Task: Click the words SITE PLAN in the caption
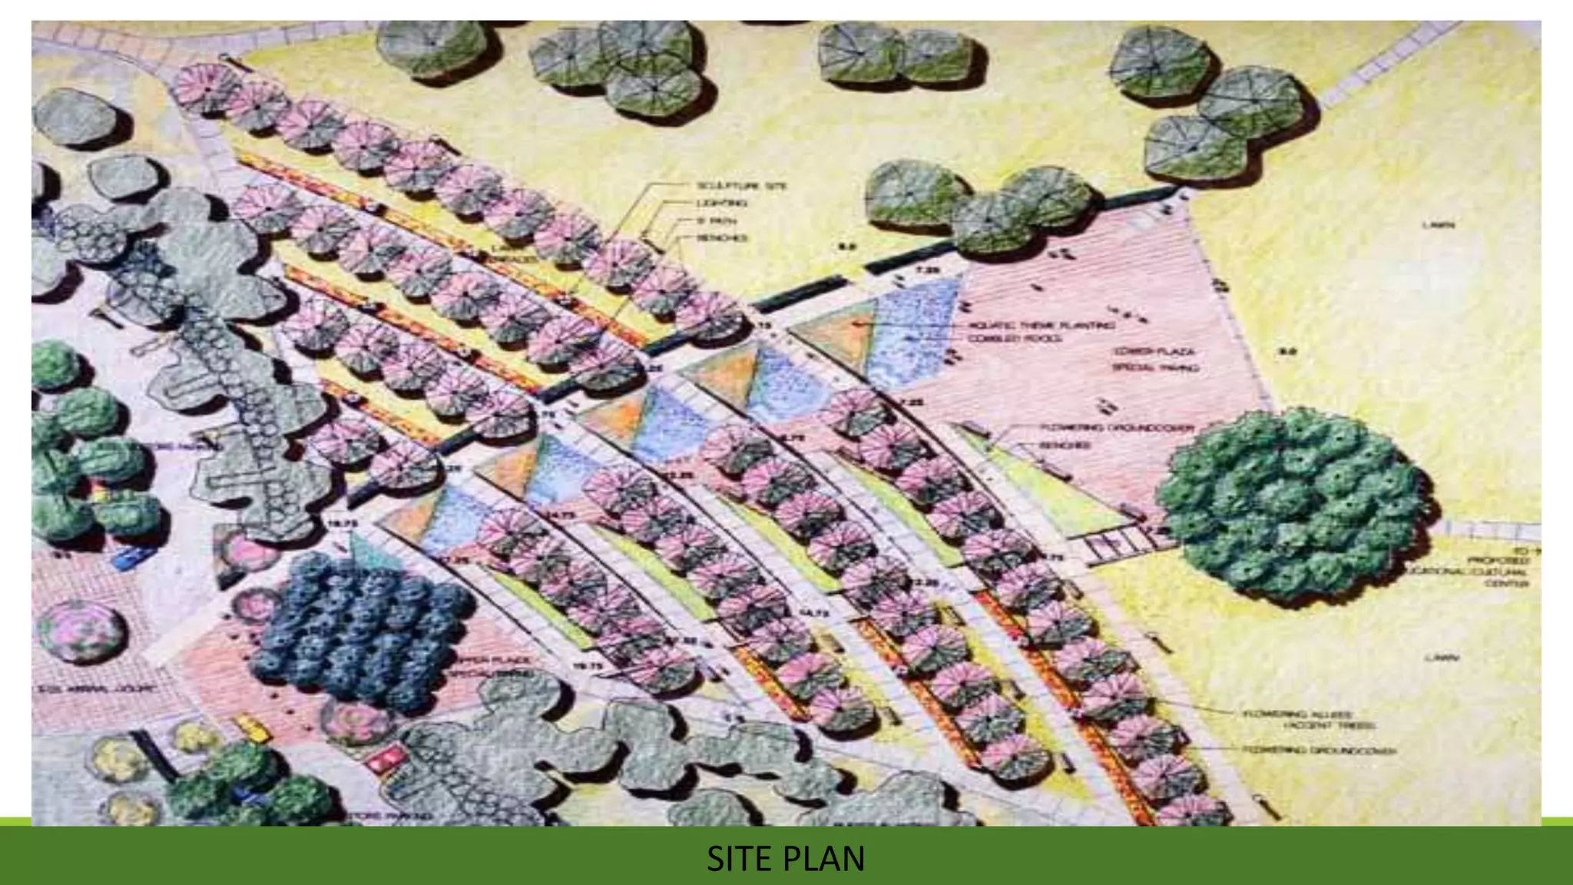(x=785, y=859)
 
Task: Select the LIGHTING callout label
(x=721, y=203)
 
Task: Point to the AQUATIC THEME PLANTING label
(x=1041, y=326)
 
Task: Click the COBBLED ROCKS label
(x=1014, y=339)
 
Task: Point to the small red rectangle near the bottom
(x=383, y=760)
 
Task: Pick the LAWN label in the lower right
(x=1441, y=658)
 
